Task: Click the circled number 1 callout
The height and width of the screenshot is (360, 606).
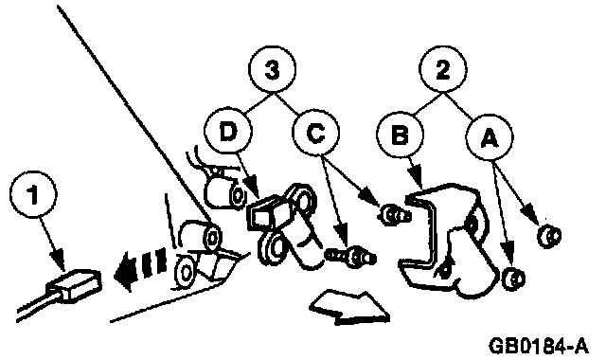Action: (33, 194)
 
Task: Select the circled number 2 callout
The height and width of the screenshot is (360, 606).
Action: (442, 69)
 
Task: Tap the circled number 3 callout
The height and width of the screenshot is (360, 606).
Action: (273, 69)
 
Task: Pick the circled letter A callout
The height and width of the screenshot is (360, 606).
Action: (490, 137)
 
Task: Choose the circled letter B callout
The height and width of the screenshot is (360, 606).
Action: (400, 134)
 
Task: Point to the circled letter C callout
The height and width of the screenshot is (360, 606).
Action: (315, 133)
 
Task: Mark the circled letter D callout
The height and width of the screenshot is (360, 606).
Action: (227, 131)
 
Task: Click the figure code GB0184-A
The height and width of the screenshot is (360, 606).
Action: (539, 345)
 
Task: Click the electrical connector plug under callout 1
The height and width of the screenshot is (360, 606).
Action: (74, 285)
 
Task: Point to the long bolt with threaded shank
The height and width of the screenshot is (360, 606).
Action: (350, 257)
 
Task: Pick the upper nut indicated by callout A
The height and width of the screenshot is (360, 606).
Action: (549, 236)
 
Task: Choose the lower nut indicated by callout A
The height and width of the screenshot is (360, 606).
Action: (514, 278)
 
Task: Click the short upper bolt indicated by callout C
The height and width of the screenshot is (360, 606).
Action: (394, 215)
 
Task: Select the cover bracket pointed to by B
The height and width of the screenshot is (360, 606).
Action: (444, 240)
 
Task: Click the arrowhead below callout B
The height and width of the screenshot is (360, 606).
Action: (417, 174)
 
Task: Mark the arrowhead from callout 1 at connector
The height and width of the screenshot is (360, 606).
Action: (59, 259)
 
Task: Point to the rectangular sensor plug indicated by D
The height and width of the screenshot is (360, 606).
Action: (268, 213)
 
